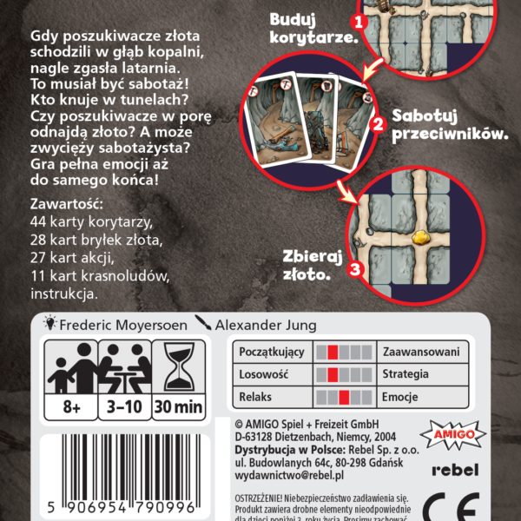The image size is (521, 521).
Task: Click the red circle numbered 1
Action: click(x=358, y=19)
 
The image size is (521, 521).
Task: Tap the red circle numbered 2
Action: click(x=377, y=123)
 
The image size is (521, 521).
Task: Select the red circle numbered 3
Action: click(x=354, y=269)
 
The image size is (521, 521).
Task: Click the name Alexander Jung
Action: click(x=267, y=325)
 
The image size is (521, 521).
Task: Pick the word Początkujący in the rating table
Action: click(x=272, y=352)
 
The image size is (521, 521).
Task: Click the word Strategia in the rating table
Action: click(x=405, y=374)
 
